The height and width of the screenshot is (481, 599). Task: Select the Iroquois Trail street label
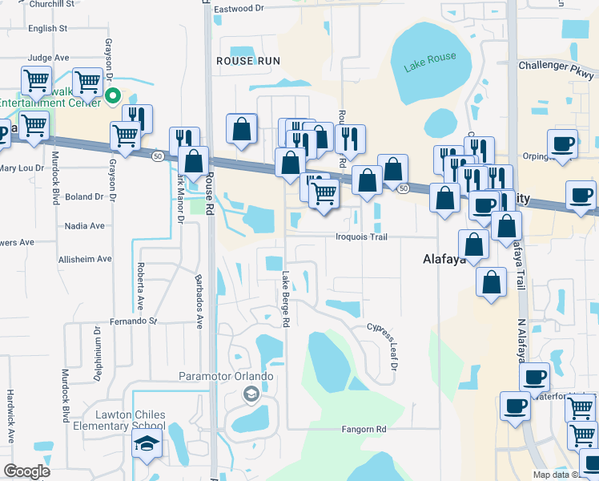tap(360, 236)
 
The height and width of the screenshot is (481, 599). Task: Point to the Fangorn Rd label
tap(364, 430)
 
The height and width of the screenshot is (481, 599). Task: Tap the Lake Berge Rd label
tap(285, 298)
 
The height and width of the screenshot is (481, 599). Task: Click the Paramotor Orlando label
tap(226, 377)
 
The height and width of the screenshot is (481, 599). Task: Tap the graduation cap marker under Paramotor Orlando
tap(251, 394)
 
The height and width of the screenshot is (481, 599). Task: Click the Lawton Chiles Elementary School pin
tap(147, 446)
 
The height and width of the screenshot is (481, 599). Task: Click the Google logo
tap(26, 471)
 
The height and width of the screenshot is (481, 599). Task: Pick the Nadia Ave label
tap(86, 226)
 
